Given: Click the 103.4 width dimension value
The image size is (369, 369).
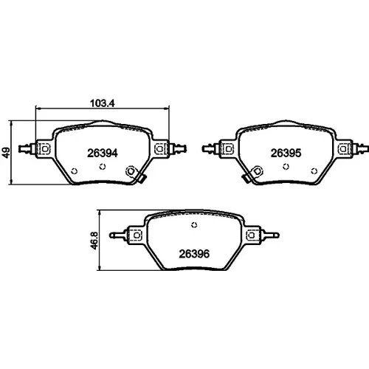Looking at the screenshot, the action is pyautogui.click(x=103, y=103).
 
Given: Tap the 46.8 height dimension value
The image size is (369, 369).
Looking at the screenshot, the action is pyautogui.click(x=94, y=241).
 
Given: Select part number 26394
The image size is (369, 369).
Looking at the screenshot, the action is pyautogui.click(x=103, y=154).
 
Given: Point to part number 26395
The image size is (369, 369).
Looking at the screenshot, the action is pyautogui.click(x=286, y=154).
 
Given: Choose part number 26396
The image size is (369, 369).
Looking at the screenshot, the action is pyautogui.click(x=194, y=254).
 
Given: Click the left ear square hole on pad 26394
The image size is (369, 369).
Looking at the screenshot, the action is pyautogui.click(x=45, y=149).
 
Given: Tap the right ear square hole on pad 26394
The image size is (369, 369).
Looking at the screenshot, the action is pyautogui.click(x=159, y=148).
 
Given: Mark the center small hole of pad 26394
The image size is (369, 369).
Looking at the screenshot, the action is pyautogui.click(x=103, y=167).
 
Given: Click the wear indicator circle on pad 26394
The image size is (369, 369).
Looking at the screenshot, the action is pyautogui.click(x=131, y=171).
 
